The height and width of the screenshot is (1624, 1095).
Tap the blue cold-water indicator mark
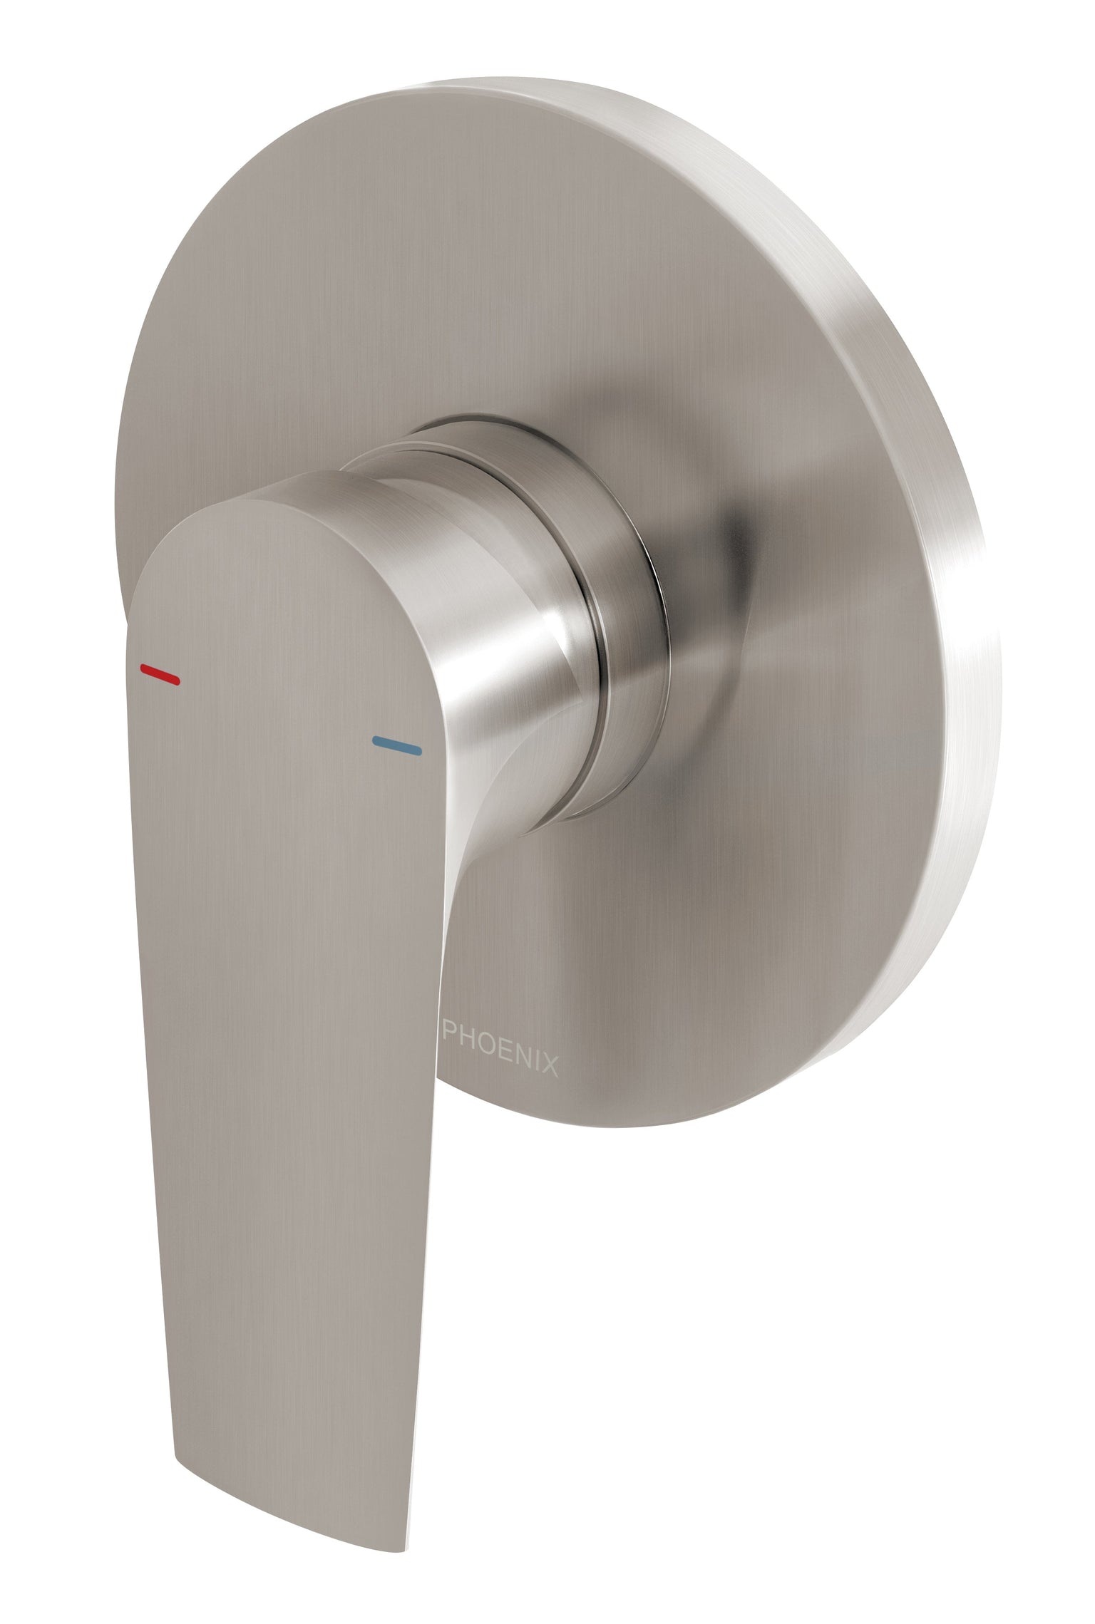coord(397,745)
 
